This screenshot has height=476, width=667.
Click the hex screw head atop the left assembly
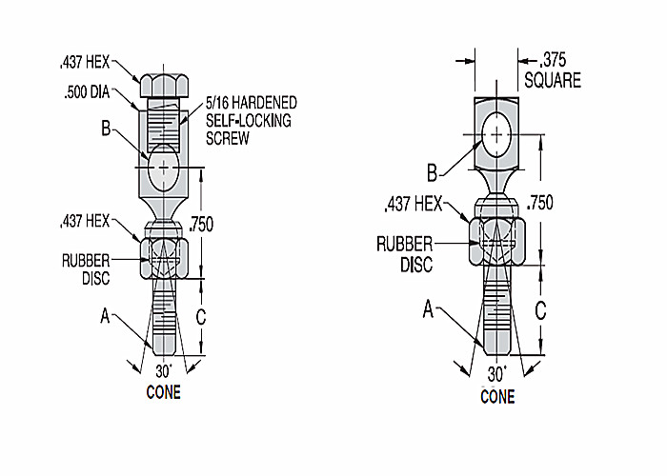pyautogui.click(x=164, y=86)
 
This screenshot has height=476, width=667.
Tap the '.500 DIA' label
pyautogui.click(x=87, y=92)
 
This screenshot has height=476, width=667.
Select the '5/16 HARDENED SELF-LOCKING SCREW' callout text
pyautogui.click(x=252, y=121)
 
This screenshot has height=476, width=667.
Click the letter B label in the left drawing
pyautogui.click(x=106, y=128)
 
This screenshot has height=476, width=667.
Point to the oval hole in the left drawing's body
pyautogui.click(x=163, y=168)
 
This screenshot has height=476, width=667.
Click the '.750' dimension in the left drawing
pyautogui.click(x=201, y=225)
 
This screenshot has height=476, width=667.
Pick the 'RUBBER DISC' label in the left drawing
pyautogui.click(x=86, y=269)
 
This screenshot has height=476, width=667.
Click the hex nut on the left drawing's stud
pyautogui.click(x=164, y=258)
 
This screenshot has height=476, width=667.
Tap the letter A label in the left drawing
pyautogui.click(x=105, y=316)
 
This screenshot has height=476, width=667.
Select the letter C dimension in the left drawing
pyautogui.click(x=201, y=317)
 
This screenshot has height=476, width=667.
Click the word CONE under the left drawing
pyautogui.click(x=163, y=392)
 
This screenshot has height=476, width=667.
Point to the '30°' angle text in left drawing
pyautogui.click(x=164, y=371)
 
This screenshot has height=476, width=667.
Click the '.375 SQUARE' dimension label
pyautogui.click(x=553, y=70)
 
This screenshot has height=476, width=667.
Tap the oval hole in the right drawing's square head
pyautogui.click(x=496, y=134)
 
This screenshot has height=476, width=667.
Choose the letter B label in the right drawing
pyautogui.click(x=433, y=173)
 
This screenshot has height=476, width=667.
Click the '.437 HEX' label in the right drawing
pyautogui.click(x=414, y=205)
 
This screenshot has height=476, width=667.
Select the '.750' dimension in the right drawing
pyautogui.click(x=540, y=203)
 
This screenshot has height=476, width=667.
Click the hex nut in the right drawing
pyautogui.click(x=496, y=241)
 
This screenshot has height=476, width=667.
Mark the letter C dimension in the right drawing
pyautogui.click(x=540, y=310)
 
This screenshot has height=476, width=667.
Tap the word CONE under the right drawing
pyautogui.click(x=497, y=397)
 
